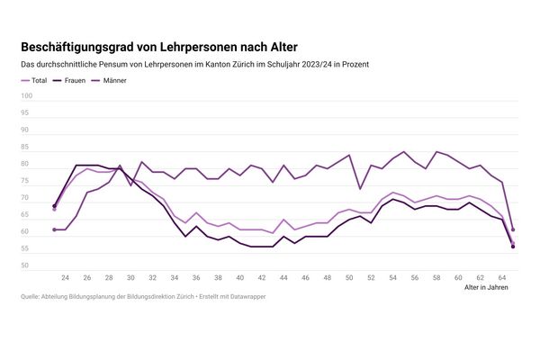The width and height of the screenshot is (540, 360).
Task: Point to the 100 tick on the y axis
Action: click(x=26, y=96)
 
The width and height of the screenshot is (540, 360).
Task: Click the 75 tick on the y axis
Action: click(x=27, y=182)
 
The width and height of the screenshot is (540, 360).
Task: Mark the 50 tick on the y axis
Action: click(x=27, y=266)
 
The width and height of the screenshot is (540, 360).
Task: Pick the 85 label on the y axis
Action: click(x=27, y=148)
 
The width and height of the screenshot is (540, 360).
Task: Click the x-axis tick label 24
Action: click(x=66, y=277)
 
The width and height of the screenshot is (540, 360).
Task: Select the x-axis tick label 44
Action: click(x=284, y=277)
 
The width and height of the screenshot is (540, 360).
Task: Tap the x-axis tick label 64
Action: click(x=502, y=277)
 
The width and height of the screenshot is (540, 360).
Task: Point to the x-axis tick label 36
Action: click(x=197, y=277)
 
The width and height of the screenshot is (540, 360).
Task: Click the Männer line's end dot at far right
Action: click(x=513, y=229)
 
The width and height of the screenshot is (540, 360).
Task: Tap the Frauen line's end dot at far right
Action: click(x=513, y=247)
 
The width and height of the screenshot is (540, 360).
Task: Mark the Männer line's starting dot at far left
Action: click(x=55, y=229)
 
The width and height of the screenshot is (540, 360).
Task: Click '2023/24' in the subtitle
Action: click(x=295, y=65)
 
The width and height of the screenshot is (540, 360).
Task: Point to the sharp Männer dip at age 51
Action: click(x=360, y=188)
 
